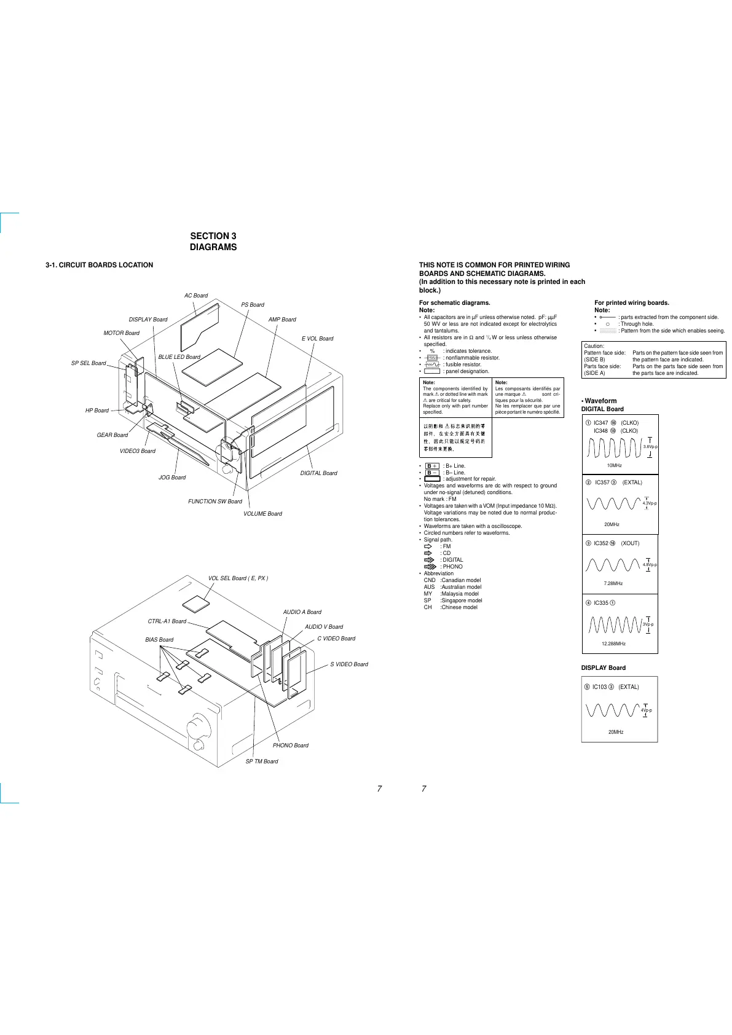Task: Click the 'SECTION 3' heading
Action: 213,236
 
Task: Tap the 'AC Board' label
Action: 196,296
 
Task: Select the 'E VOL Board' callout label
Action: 317,339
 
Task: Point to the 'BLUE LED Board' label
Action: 179,357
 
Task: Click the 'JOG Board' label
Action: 172,478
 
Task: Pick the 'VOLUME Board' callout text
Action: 262,514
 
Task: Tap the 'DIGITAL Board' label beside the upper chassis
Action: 318,473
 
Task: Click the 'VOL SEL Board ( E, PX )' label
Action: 238,578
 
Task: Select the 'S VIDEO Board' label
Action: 349,664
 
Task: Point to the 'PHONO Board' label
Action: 291,746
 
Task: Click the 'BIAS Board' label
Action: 159,640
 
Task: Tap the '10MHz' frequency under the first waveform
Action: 614,466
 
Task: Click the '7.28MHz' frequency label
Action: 613,584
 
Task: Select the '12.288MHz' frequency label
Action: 613,643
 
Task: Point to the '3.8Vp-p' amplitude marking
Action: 650,447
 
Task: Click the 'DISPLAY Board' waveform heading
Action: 603,668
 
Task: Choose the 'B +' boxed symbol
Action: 432,466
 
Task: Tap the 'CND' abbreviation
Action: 429,580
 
